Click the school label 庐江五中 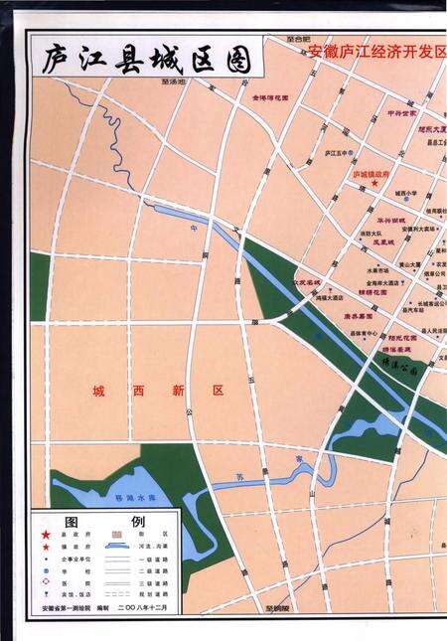pos(339,153)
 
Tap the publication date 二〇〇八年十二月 pos(148,606)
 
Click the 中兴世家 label pos(400,113)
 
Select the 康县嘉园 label pos(359,318)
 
